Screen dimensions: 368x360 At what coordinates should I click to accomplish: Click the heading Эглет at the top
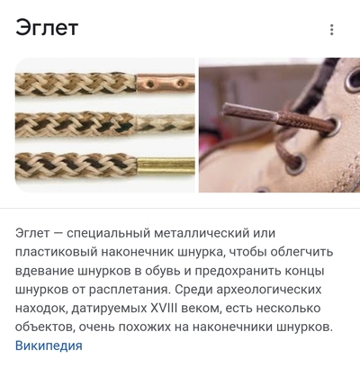(x=47, y=28)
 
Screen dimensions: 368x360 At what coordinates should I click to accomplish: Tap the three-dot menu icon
(x=332, y=30)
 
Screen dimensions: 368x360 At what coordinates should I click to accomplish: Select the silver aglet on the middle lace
(x=164, y=122)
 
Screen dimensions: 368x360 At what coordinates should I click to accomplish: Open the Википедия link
(x=49, y=345)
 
